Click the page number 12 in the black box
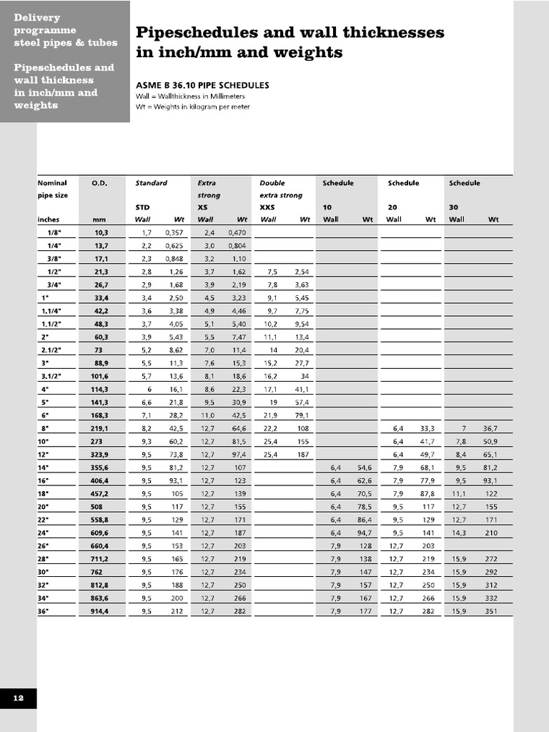18,699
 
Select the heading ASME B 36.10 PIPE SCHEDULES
202,85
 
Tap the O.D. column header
99,183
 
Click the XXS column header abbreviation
267,207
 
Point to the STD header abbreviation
142,207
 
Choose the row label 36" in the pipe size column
44,611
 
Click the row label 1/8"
54,232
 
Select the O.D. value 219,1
99,428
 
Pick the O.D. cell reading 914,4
99,611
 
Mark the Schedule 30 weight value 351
491,611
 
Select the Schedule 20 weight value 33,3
427,428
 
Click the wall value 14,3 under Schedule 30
460,533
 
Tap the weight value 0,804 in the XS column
236,246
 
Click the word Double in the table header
272,183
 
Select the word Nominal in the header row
51,183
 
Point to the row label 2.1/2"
49,350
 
